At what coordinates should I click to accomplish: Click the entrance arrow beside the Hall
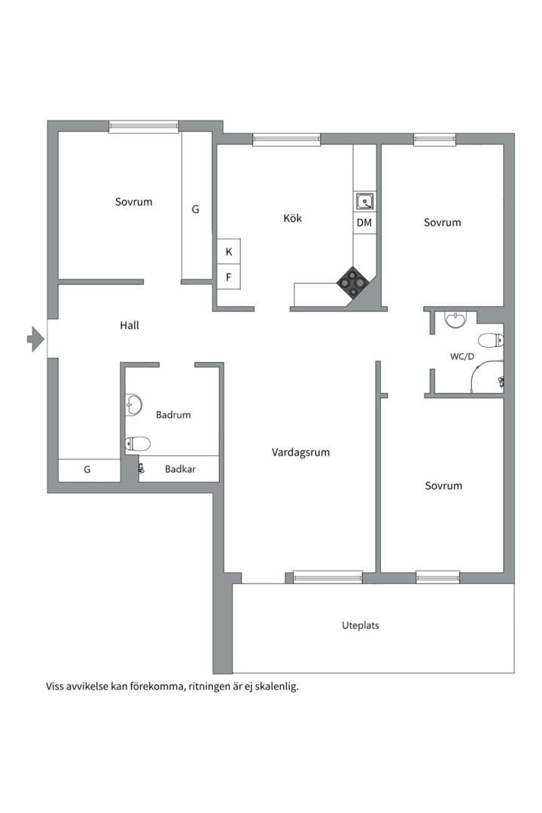[35, 339]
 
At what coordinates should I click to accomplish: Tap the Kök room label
[293, 218]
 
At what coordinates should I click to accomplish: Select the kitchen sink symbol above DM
[364, 201]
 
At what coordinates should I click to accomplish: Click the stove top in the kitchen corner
[354, 282]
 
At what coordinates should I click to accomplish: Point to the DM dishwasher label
[364, 222]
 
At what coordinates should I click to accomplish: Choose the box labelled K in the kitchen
[228, 251]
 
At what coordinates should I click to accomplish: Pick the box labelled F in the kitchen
[228, 277]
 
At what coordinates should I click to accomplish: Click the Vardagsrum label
[301, 452]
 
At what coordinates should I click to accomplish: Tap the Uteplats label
[361, 626]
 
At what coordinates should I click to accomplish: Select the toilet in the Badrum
[138, 444]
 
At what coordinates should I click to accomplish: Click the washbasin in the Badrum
[133, 405]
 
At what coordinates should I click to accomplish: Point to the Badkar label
[180, 469]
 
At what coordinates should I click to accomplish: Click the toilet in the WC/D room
[491, 341]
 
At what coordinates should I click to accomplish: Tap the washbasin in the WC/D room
[456, 319]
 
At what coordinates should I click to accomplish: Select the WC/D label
[462, 356]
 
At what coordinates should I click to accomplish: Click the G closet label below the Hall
[87, 469]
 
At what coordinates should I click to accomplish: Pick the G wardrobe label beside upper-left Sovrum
[196, 209]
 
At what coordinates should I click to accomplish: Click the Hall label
[129, 325]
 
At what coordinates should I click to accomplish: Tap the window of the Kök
[286, 139]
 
